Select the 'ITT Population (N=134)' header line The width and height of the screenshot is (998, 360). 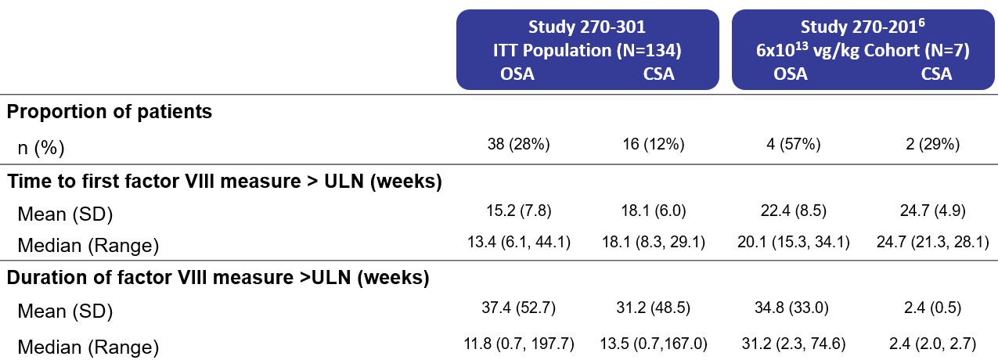pos(586,51)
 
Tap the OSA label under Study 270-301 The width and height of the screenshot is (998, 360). pos(517,74)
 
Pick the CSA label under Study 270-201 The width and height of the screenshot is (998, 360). pos(936,74)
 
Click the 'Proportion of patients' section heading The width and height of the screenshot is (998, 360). pos(110,111)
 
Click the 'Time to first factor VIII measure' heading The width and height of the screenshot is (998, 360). pos(225,182)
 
